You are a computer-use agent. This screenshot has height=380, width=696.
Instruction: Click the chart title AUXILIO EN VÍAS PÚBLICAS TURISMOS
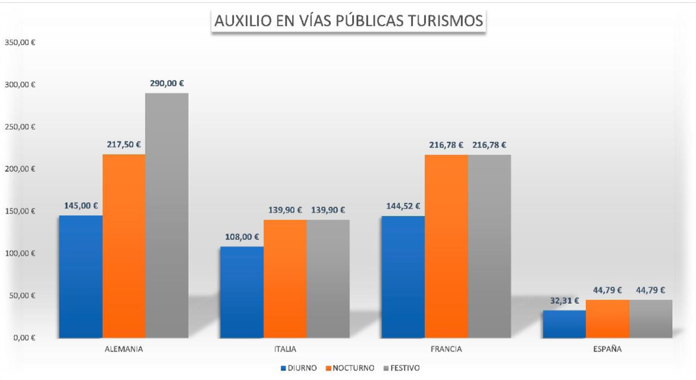349,21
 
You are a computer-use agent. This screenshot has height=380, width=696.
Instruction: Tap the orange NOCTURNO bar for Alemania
124,246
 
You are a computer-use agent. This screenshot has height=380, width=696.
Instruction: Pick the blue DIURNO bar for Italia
242,292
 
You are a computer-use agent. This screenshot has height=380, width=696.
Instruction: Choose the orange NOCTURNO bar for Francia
446,246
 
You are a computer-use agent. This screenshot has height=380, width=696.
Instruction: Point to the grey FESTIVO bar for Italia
328,278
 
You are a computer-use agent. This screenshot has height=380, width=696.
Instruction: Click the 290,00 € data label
167,84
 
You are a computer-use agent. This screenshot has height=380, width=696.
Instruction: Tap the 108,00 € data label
242,237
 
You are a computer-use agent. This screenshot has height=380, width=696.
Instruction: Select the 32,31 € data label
563,301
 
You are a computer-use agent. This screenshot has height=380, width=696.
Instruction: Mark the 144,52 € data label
403,206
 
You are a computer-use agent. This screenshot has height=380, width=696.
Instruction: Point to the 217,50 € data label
124,145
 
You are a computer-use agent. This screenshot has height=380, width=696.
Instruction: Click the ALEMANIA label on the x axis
123,349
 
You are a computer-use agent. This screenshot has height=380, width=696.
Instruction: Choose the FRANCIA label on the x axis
446,349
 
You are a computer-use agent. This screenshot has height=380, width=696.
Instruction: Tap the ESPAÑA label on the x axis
607,349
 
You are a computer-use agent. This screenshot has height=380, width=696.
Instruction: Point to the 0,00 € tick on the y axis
23,338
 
